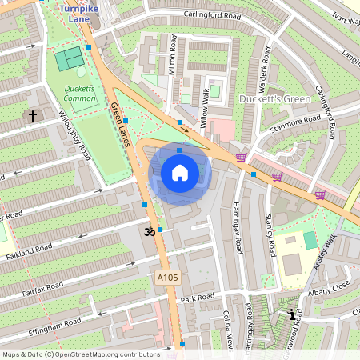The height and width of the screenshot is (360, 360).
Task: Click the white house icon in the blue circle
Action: [180, 172]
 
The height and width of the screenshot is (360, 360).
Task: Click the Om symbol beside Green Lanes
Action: [146, 232]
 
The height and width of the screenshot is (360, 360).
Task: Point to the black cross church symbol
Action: [33, 116]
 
